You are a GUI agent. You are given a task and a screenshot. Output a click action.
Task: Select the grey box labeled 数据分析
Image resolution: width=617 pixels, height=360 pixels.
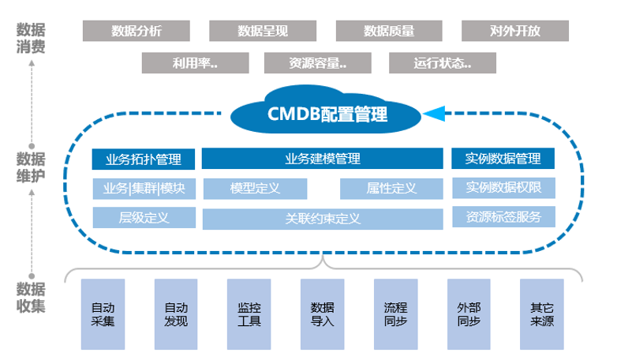(x=136, y=31)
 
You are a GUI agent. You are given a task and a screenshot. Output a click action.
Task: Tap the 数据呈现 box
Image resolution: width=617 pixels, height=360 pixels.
(x=263, y=31)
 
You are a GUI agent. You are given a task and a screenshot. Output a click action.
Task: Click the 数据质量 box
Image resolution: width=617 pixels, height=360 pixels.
(x=388, y=31)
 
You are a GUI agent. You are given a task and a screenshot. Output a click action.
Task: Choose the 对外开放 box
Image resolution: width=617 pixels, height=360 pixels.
(x=514, y=31)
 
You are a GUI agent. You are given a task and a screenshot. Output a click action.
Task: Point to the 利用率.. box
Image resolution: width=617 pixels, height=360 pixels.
(x=194, y=63)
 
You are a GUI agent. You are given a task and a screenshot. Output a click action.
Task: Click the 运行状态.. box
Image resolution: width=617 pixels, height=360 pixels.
(x=443, y=63)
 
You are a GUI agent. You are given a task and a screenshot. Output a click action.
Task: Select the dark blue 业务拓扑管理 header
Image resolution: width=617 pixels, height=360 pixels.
(x=143, y=159)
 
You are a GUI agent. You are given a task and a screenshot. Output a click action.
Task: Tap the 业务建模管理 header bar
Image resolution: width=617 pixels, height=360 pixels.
(x=322, y=159)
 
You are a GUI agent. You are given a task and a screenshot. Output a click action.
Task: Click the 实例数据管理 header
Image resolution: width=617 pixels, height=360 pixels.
(x=503, y=159)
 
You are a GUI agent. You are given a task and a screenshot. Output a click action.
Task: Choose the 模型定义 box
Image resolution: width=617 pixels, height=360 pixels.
(x=255, y=189)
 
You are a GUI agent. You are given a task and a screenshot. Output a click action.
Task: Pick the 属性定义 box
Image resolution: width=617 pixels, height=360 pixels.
(x=391, y=189)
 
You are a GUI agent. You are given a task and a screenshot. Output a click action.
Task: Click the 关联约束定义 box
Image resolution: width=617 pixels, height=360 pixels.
(x=322, y=219)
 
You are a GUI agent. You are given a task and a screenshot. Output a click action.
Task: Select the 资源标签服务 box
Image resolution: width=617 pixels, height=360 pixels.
(x=503, y=217)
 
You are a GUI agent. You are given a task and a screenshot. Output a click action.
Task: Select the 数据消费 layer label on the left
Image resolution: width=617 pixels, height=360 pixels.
(x=31, y=38)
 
